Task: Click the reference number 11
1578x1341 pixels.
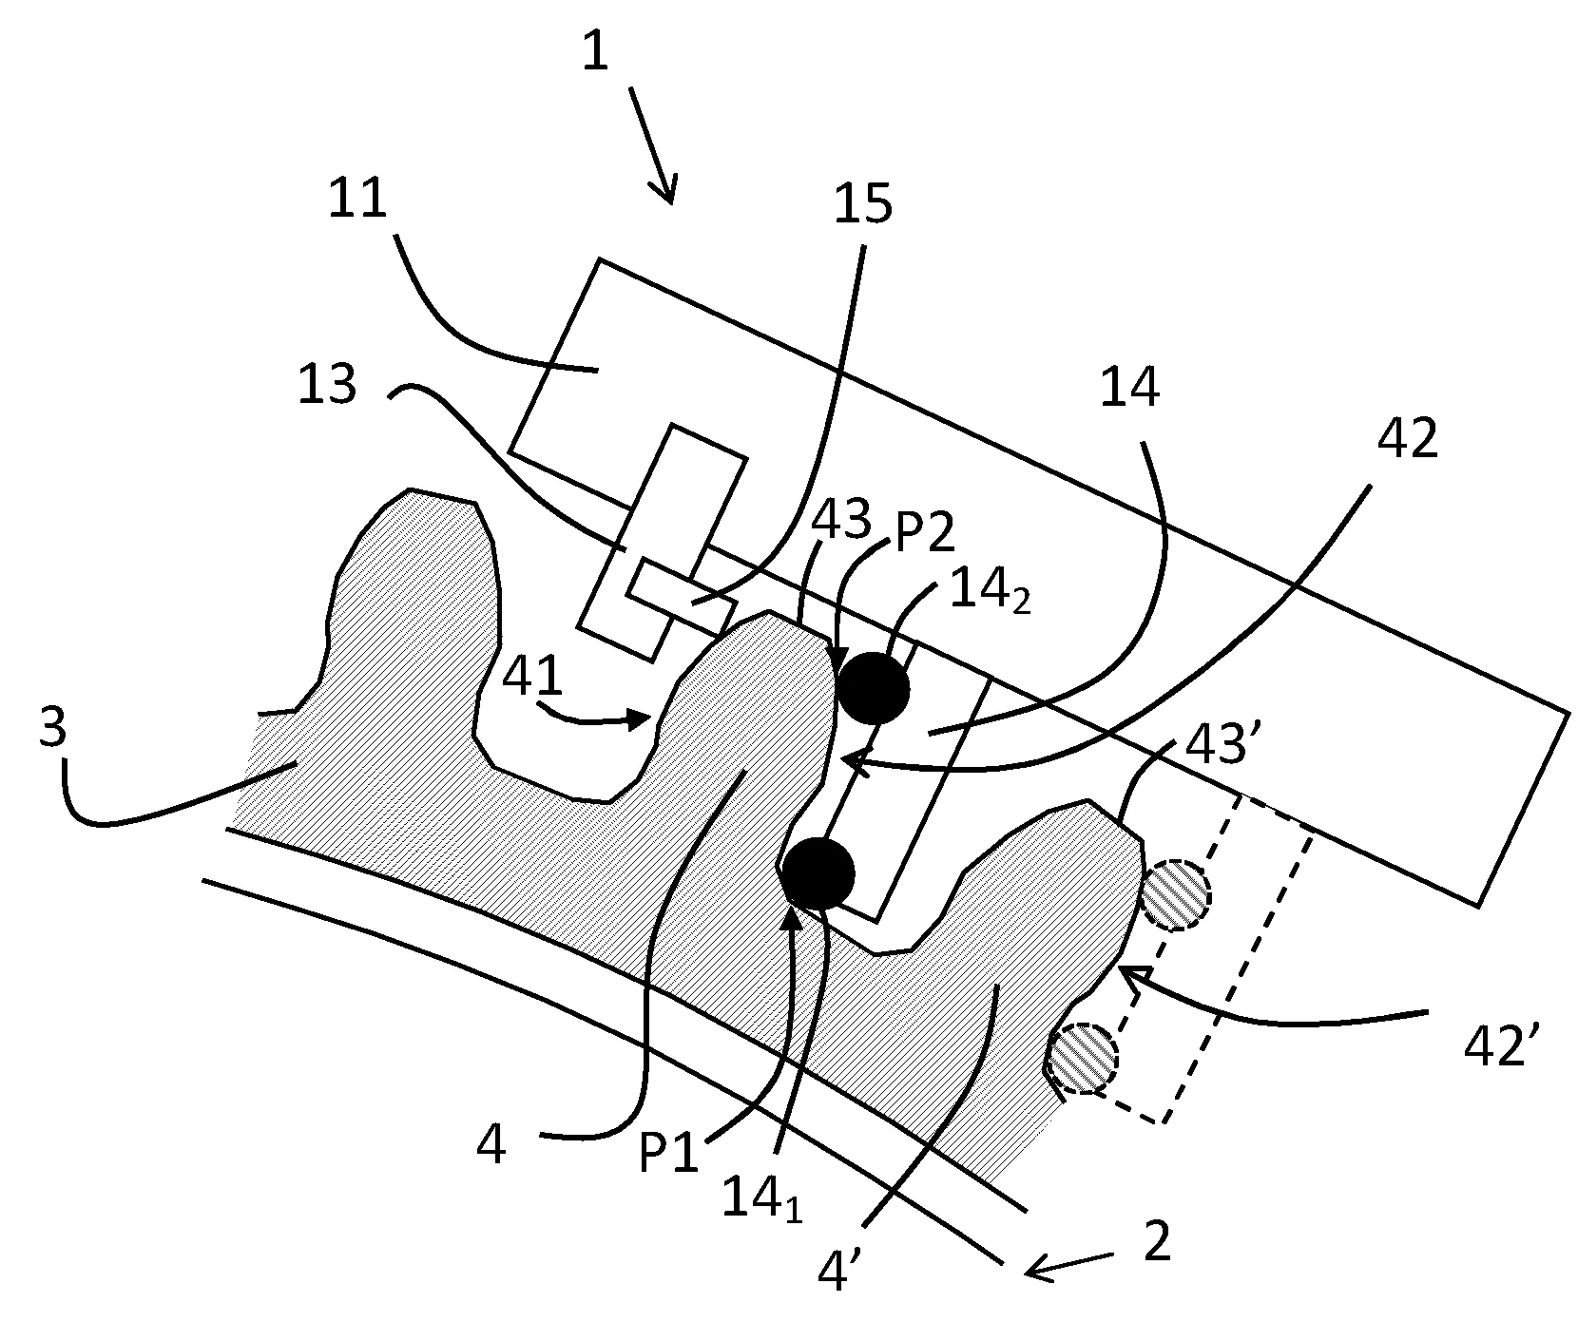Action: (358, 201)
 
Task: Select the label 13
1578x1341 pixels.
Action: (326, 385)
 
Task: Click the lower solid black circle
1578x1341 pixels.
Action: (818, 873)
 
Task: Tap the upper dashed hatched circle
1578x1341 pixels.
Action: (1175, 895)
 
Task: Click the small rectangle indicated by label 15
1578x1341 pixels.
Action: (681, 597)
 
